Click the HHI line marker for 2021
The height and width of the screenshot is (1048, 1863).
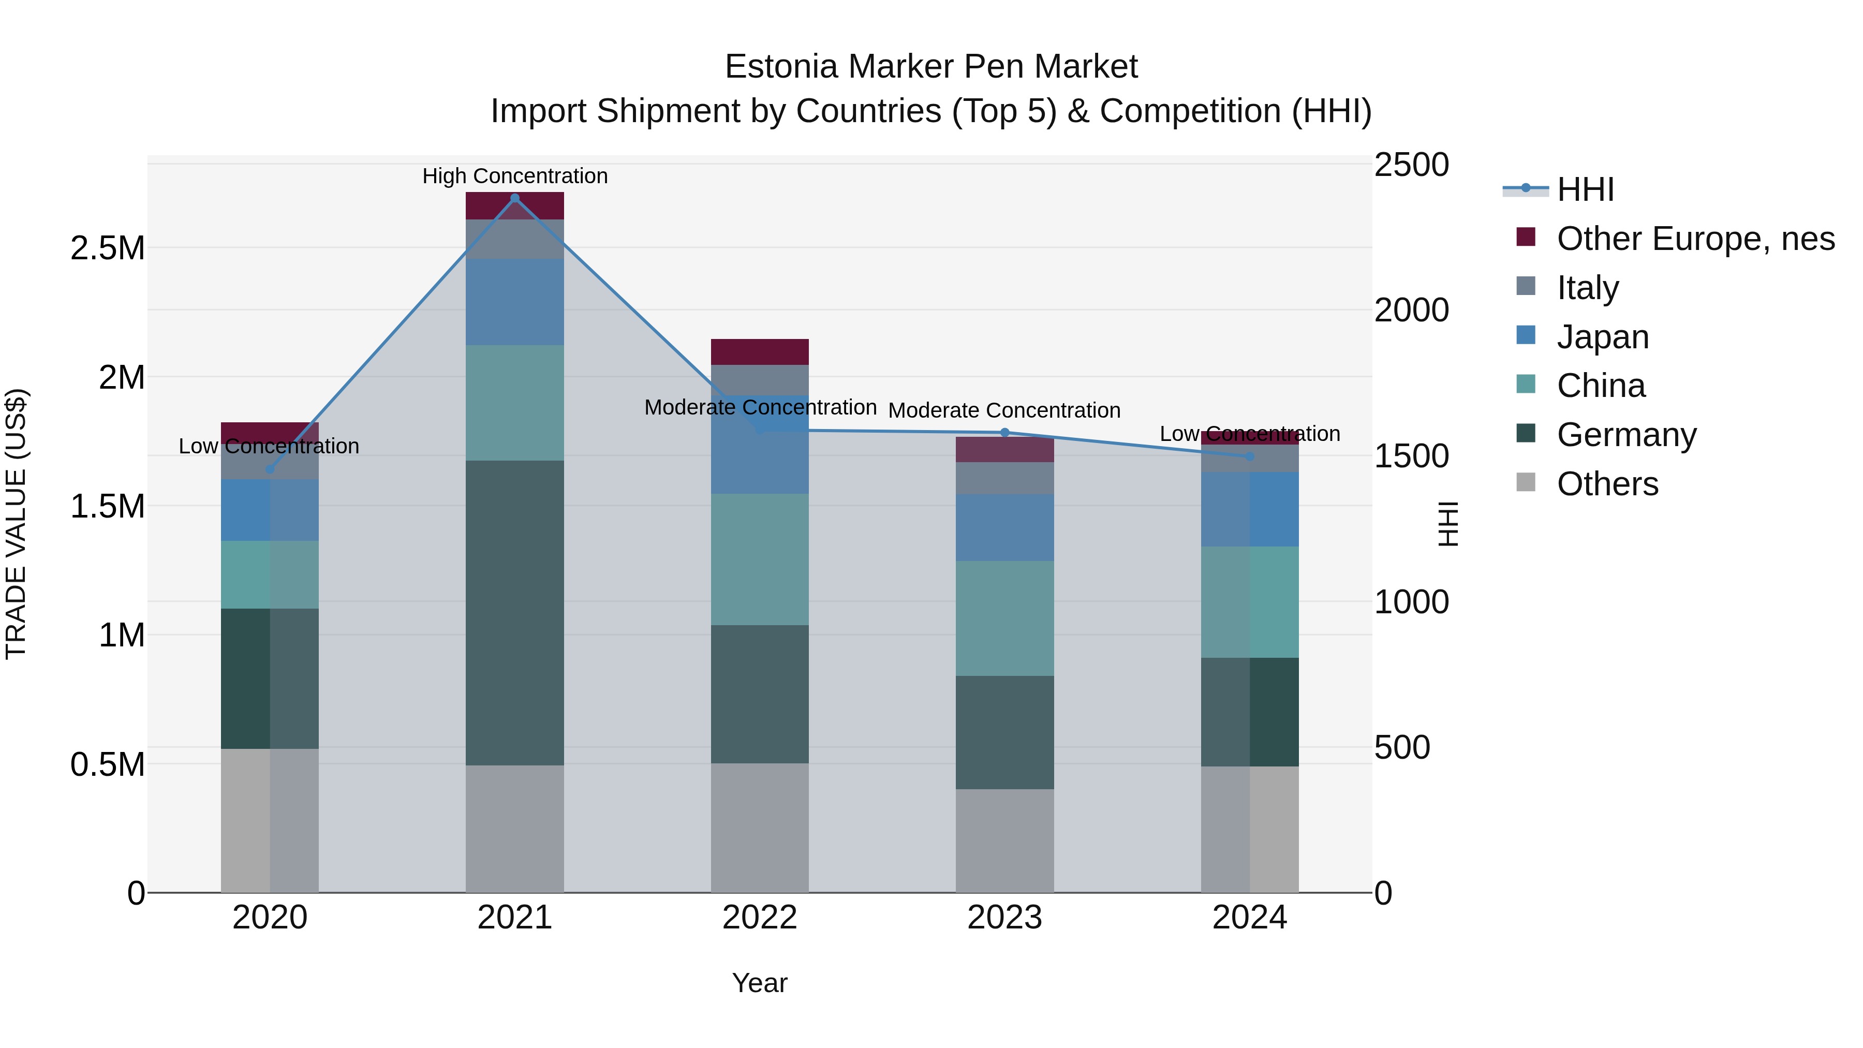pyautogui.click(x=515, y=198)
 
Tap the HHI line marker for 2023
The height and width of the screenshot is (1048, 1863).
pyautogui.click(x=1004, y=433)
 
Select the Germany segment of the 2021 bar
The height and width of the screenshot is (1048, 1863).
pyautogui.click(x=515, y=613)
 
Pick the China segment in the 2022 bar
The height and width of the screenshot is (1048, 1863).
pyautogui.click(x=759, y=559)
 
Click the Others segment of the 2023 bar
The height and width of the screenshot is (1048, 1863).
pyautogui.click(x=1004, y=840)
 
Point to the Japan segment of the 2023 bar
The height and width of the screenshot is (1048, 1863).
pyautogui.click(x=1004, y=527)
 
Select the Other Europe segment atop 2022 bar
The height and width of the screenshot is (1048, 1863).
pyautogui.click(x=759, y=351)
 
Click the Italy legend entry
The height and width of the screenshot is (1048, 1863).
pyautogui.click(x=1588, y=287)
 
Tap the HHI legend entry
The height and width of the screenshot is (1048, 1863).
pyautogui.click(x=1585, y=189)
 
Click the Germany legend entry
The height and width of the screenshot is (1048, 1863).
pyautogui.click(x=1626, y=435)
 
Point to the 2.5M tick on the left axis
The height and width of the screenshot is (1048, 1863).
pyautogui.click(x=108, y=248)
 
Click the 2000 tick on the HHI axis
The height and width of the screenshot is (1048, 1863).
pyautogui.click(x=1411, y=311)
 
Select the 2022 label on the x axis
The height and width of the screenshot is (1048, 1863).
pyautogui.click(x=759, y=918)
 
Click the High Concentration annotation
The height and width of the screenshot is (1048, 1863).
pyautogui.click(x=515, y=176)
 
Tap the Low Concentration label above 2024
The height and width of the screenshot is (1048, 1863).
pyautogui.click(x=1250, y=434)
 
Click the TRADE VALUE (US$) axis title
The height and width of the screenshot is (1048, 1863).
pyautogui.click(x=16, y=524)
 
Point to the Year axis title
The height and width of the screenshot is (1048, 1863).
pyautogui.click(x=759, y=983)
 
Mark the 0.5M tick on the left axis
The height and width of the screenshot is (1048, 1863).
pyautogui.click(x=108, y=764)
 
